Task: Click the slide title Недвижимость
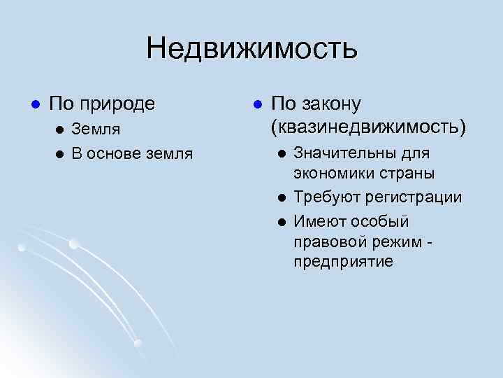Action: pos(251,49)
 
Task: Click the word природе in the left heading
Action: pos(119,105)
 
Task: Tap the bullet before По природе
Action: pos(27,104)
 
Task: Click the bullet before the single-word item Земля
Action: pos(61,129)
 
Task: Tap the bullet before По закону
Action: pos(257,104)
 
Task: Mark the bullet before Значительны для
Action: pos(280,153)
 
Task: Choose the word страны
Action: pos(404,173)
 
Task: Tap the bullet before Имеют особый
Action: pos(280,221)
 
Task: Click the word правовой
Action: pos(328,241)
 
